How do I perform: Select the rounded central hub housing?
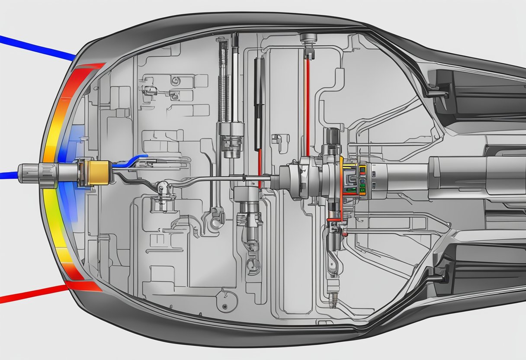tap(303, 177)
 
